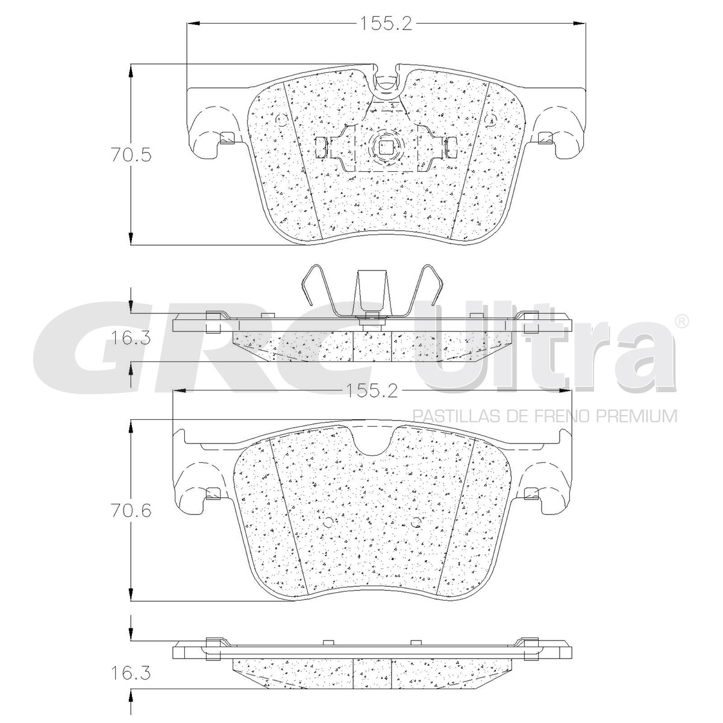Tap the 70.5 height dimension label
coord(131,155)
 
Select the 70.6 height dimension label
coord(131,511)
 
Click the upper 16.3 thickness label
coord(131,339)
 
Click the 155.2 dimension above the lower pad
coord(372,392)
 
